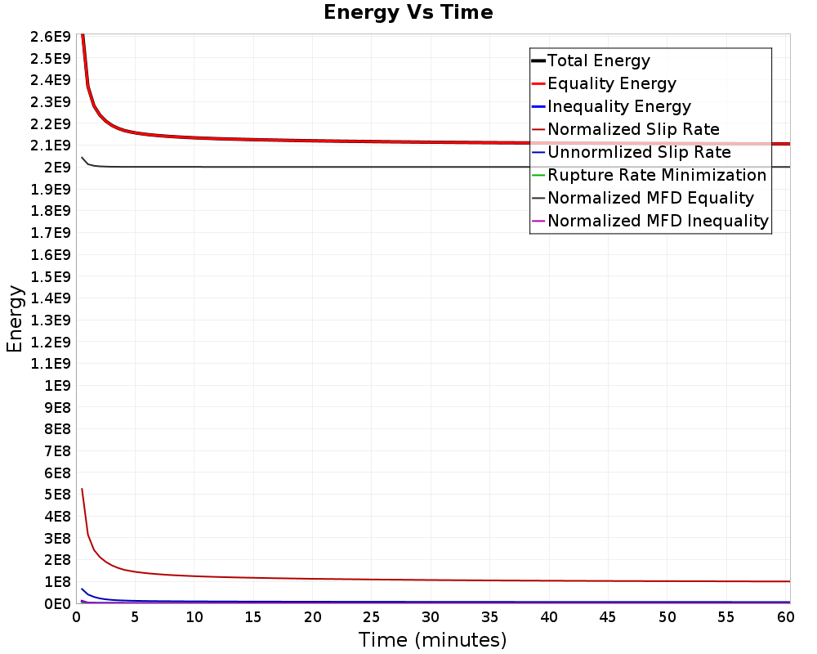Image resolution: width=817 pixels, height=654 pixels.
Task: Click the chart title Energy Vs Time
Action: [x=408, y=12]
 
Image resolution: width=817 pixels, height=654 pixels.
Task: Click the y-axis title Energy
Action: [x=15, y=319]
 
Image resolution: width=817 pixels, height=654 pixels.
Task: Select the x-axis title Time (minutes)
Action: [x=432, y=639]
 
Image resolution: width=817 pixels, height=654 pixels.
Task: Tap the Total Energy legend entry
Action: [x=591, y=60]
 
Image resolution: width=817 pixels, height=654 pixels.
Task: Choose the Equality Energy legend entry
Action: [x=604, y=83]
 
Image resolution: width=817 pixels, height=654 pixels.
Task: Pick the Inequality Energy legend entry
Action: [x=611, y=106]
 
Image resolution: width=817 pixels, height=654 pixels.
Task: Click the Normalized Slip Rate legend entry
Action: [x=625, y=129]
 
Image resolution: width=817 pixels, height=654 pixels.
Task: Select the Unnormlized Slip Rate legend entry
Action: [x=631, y=152]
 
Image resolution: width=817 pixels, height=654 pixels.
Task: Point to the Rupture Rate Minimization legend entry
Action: [x=649, y=175]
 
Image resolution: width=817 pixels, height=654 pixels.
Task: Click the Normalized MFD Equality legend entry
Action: [x=642, y=198]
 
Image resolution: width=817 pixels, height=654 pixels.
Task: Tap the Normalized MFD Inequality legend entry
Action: [x=650, y=221]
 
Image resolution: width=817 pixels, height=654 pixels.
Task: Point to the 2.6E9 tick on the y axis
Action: [x=51, y=37]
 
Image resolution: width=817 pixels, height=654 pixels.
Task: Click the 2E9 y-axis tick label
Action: [x=57, y=168]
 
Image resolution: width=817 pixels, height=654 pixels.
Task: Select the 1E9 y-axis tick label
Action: [x=57, y=385]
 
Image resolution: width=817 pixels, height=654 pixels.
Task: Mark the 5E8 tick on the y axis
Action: [x=57, y=495]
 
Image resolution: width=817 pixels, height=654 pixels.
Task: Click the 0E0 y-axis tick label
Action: [x=57, y=604]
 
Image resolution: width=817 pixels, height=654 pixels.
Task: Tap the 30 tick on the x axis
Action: [x=431, y=617]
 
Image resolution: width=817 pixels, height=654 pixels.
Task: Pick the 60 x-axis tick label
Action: [x=785, y=617]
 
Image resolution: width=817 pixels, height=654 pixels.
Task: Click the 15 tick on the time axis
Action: [x=253, y=617]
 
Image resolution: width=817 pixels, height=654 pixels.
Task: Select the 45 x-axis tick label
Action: [x=608, y=617]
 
